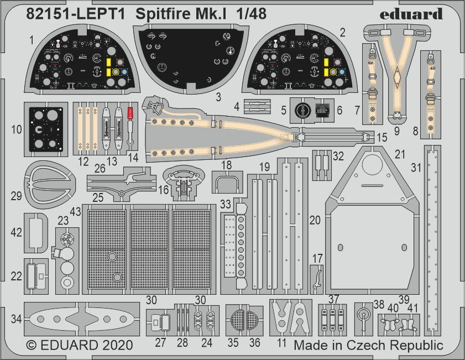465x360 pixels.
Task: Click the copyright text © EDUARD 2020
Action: pyautogui.click(x=80, y=345)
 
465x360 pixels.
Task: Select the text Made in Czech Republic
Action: pyautogui.click(x=368, y=345)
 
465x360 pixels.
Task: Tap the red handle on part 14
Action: pyautogui.click(x=131, y=115)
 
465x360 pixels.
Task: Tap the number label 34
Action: pyautogui.click(x=14, y=319)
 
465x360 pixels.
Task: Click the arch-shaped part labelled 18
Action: pyautogui.click(x=227, y=181)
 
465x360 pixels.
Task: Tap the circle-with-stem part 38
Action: pyautogui.click(x=362, y=316)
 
